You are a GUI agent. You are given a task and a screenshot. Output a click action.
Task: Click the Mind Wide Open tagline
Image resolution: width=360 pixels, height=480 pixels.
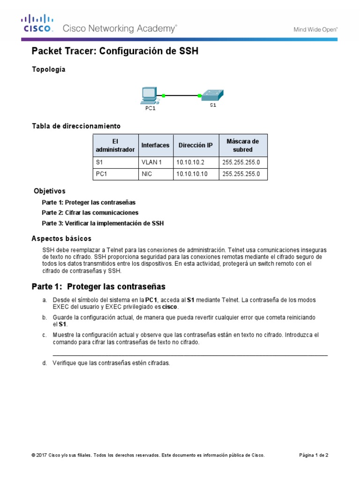coord(315,29)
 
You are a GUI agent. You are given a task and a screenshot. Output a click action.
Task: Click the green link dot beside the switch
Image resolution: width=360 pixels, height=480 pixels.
coord(200,96)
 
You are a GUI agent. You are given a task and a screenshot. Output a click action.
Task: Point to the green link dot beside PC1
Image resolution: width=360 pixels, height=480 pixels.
coord(164,96)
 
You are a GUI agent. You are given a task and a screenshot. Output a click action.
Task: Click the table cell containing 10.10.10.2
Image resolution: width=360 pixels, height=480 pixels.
coord(196,163)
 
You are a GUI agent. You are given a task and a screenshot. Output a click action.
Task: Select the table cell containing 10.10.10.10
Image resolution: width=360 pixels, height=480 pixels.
coord(196,174)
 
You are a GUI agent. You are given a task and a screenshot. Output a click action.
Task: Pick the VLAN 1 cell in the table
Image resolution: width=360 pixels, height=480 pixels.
coord(155,163)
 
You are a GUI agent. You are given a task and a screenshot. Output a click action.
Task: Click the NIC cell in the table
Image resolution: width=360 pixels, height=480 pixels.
coord(155,174)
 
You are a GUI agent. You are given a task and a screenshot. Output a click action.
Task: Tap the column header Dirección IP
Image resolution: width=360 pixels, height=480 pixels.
coord(196,145)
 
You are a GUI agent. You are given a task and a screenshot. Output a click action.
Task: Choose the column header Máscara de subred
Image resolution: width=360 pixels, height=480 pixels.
coord(243,145)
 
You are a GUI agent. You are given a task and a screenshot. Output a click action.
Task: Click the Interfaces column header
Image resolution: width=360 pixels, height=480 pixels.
coord(155,145)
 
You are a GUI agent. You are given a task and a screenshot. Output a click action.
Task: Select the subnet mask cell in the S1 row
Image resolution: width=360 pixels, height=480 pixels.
coord(243,163)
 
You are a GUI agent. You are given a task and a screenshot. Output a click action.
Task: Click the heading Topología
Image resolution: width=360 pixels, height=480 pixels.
coord(48,69)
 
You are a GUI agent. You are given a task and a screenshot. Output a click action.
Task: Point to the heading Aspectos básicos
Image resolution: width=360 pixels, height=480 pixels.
coord(61,239)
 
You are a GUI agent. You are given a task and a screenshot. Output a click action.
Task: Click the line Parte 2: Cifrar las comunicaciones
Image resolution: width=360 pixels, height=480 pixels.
coord(90,213)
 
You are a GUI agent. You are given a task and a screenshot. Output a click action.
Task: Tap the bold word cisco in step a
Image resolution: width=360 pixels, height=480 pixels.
coord(170,307)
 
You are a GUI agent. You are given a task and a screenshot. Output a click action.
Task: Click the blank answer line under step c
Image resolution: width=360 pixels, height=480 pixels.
coord(190,355)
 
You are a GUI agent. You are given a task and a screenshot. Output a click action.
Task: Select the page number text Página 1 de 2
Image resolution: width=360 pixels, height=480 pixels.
coord(314,455)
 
